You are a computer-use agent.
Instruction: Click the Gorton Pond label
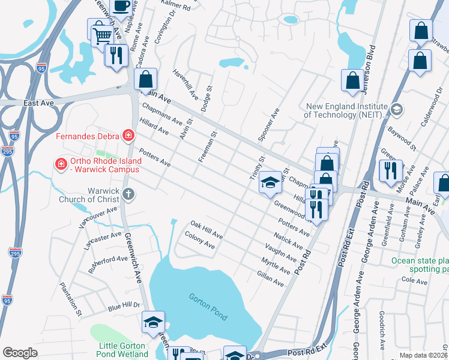pos(208,306)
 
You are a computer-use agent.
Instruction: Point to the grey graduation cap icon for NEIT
pos(396,110)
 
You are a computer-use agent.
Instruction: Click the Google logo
pos(20,353)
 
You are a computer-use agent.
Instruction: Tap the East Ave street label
pos(39,103)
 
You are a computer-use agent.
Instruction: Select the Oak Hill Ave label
pos(206,230)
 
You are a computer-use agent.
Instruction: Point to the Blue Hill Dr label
pos(123,306)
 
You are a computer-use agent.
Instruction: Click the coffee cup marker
pos(122,7)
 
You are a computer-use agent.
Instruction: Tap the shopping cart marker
pos(103,35)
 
